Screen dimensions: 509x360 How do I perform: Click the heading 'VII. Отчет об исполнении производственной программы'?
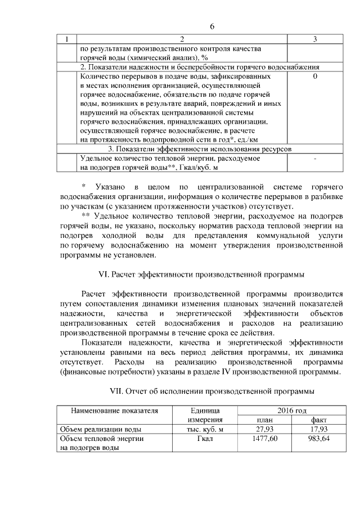tap(211, 390)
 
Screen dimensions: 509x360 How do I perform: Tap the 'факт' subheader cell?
tap(318, 420)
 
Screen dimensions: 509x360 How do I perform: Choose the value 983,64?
tap(318, 439)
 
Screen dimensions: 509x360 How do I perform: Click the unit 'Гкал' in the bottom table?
tap(206, 439)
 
